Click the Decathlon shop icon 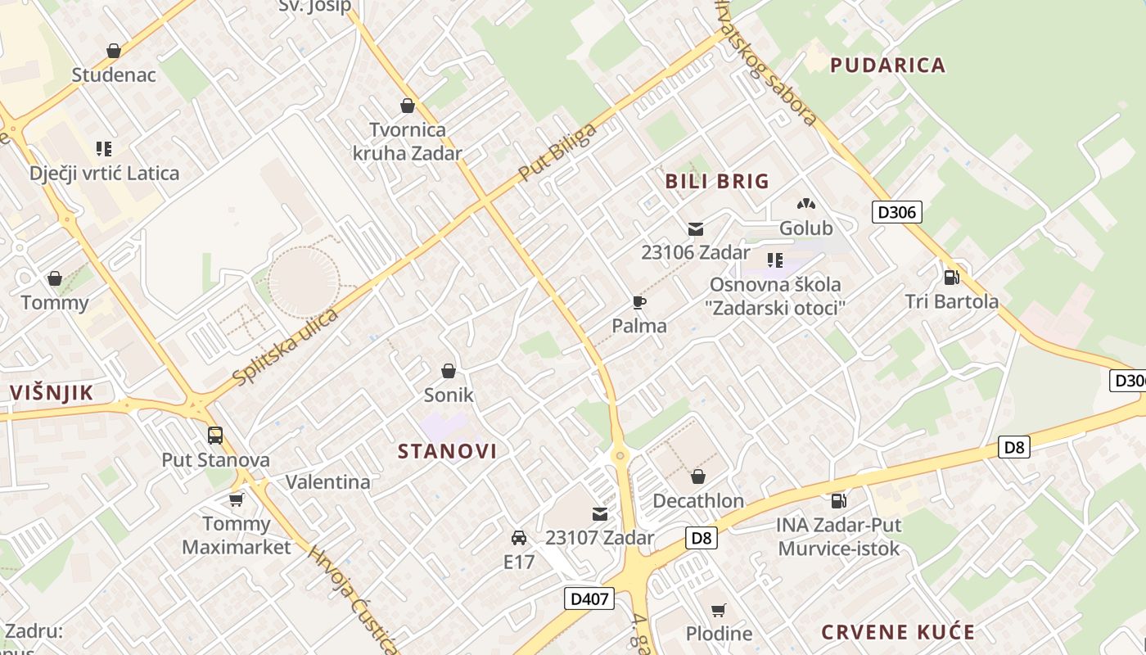698,477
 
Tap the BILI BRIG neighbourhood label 717,181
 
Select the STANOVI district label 447,450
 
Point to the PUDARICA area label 887,65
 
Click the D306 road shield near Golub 897,213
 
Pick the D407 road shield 589,599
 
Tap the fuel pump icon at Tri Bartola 951,278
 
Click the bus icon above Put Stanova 215,436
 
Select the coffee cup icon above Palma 639,303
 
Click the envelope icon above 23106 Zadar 696,229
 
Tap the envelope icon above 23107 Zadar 600,514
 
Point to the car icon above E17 518,538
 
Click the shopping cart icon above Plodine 718,609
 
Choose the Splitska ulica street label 285,347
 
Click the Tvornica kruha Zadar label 408,141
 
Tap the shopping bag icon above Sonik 449,371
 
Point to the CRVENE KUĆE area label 897,632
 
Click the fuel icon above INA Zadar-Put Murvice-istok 838,500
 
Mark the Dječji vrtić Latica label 104,174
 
